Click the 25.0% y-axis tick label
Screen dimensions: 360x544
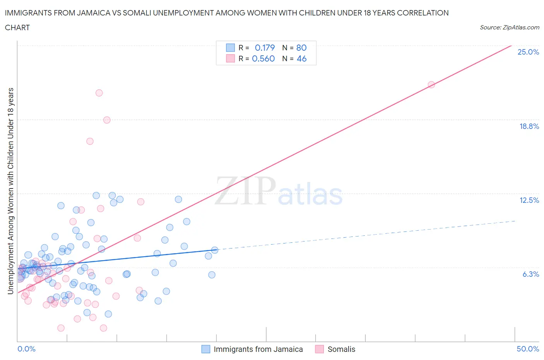[528, 52]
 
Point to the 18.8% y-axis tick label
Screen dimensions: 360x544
[529, 126]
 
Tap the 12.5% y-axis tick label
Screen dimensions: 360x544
[529, 200]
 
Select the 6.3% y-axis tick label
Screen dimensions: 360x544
[530, 274]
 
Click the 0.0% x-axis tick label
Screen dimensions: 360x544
[26, 349]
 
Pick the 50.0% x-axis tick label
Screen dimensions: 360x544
[528, 349]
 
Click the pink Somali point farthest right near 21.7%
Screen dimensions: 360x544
[431, 85]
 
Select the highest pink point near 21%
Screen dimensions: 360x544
[99, 93]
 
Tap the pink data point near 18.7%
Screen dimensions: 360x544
[107, 120]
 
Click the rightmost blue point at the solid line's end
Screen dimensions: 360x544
[214, 250]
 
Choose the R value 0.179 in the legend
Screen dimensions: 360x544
[265, 48]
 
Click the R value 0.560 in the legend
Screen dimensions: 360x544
[263, 58]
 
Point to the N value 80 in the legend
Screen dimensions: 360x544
[301, 48]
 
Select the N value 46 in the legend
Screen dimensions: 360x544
[301, 58]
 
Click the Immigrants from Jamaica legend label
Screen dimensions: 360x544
[258, 349]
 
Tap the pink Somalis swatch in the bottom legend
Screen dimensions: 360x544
[319, 349]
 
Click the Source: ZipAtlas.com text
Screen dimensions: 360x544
[509, 27]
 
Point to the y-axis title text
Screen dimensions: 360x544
[10, 191]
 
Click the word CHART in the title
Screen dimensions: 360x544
[17, 27]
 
